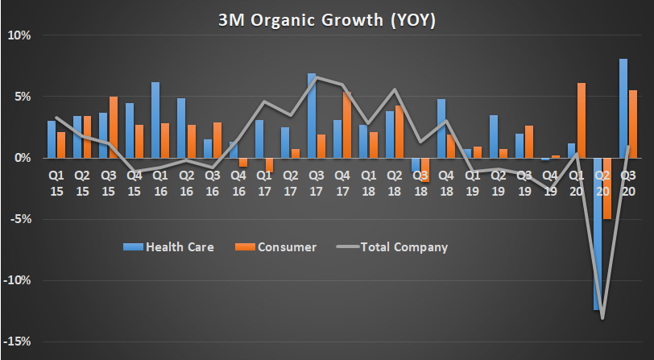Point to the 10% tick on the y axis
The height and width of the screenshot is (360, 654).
20,35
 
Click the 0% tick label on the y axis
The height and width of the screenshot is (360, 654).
23,158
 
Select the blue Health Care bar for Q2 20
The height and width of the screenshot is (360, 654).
597,234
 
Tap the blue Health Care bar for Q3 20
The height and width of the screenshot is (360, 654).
623,108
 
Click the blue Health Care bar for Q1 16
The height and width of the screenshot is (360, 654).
155,120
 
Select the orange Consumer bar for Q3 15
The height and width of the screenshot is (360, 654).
113,127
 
